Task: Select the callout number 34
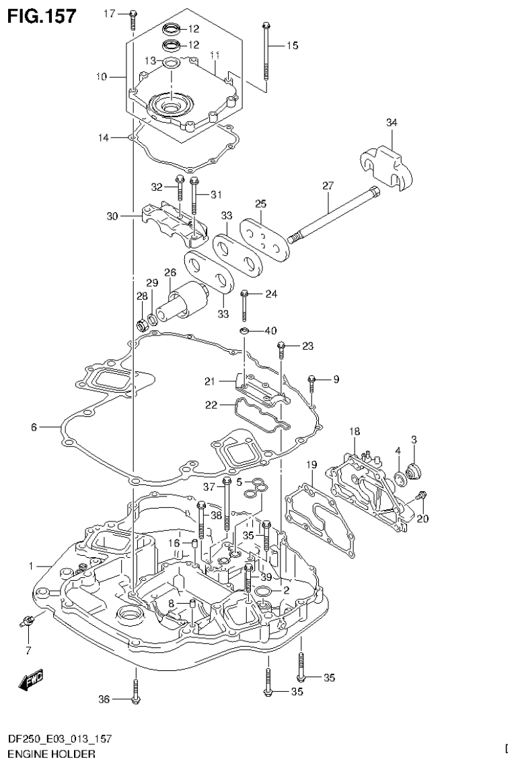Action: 391,123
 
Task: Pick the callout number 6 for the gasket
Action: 33,426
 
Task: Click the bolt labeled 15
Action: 267,57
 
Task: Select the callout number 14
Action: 103,137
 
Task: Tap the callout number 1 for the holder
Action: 31,567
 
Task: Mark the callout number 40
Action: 270,331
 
